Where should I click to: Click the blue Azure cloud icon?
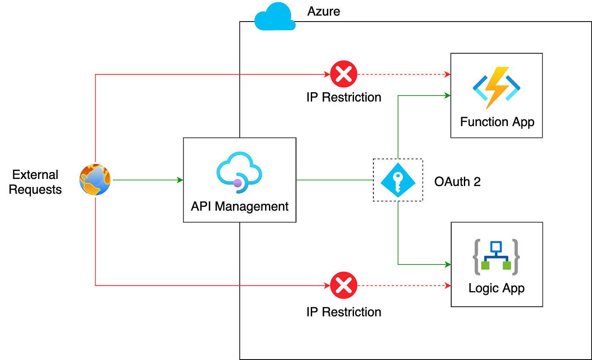[x=275, y=16]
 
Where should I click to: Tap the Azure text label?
[x=323, y=11]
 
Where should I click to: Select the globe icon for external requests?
[x=95, y=180]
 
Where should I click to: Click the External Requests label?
[x=35, y=182]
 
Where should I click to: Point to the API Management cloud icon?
[x=239, y=172]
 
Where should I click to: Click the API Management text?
[x=239, y=206]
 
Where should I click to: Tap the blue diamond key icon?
[x=398, y=180]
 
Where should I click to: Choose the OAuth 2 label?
[x=458, y=182]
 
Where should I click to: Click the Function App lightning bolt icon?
[x=496, y=88]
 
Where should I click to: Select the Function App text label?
[x=497, y=122]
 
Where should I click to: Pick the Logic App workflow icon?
[x=496, y=257]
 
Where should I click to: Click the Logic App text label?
[x=496, y=289]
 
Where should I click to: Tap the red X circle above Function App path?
[x=344, y=74]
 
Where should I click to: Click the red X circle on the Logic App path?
[x=344, y=285]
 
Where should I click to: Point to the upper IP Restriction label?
[x=344, y=97]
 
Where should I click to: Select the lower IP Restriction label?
[x=344, y=312]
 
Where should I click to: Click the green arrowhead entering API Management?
[x=180, y=180]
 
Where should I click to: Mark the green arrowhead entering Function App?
[x=448, y=96]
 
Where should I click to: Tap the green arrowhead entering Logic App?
[x=448, y=264]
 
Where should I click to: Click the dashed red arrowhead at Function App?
[x=448, y=74]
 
